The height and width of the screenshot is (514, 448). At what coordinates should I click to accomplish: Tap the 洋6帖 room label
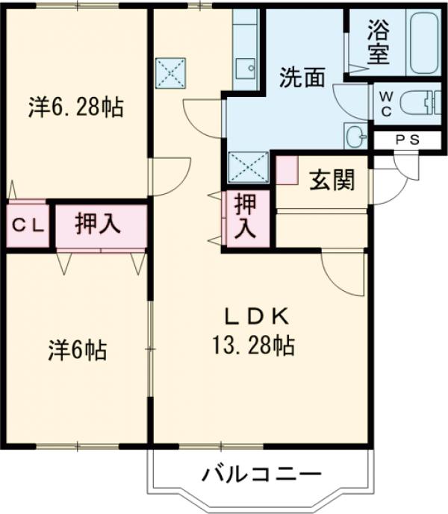click(77, 349)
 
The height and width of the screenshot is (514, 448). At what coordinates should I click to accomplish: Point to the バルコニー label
click(261, 474)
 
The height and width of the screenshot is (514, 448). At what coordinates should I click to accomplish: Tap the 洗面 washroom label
click(302, 78)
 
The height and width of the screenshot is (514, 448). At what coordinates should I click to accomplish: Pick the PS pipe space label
click(406, 140)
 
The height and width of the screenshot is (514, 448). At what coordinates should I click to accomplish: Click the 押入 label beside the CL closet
click(99, 225)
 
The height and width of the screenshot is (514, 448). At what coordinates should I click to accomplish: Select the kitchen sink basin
click(245, 69)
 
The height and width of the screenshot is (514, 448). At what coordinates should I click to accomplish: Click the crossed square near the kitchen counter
click(169, 73)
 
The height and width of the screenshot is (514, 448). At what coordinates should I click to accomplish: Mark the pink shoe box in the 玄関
click(287, 171)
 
